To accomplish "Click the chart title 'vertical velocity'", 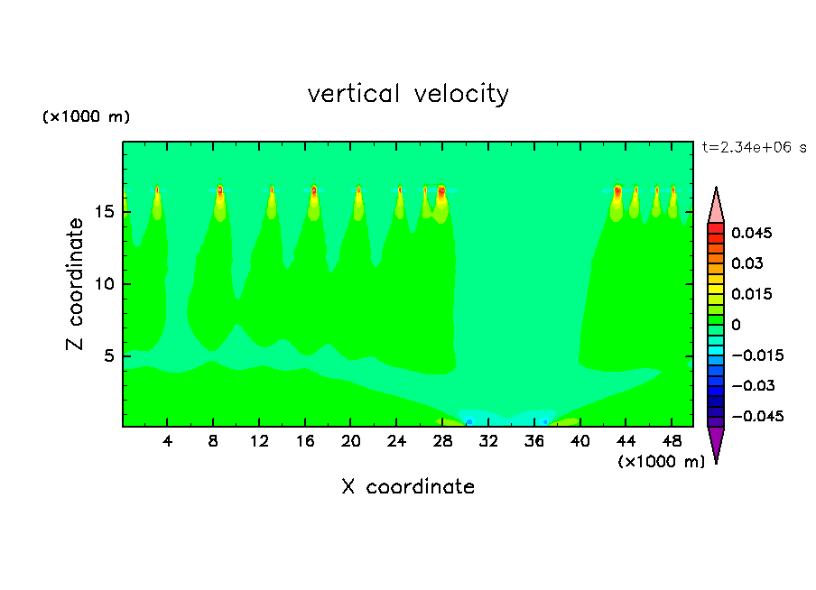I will point(408,94).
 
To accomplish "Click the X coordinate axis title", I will point(408,487).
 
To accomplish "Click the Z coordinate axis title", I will point(77,283).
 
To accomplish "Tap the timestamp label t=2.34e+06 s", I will point(754,147).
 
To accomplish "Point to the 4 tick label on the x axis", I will point(168,442).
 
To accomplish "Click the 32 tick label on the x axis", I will point(488,442).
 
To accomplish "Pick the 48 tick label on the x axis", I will point(672,442).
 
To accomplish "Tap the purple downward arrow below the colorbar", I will point(716,444).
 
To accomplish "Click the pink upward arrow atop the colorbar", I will point(716,206).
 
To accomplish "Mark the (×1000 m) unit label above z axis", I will point(87,117).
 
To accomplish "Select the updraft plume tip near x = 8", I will point(219,190).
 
